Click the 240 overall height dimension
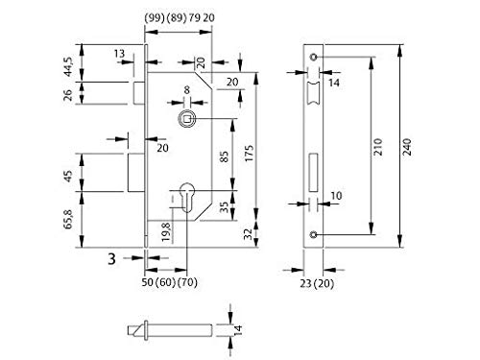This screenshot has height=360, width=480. point(407,147)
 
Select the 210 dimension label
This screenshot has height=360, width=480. point(378,147)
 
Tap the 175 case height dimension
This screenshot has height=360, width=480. point(249,153)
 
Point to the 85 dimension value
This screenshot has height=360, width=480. point(225,156)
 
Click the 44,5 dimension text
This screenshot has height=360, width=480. point(68,66)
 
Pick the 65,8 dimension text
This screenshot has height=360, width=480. point(68,219)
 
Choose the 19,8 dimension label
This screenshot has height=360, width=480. point(166,231)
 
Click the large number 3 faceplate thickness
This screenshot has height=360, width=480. point(111,259)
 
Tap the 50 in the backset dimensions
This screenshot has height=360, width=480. point(148,282)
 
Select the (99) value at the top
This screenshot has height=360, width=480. point(155,18)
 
